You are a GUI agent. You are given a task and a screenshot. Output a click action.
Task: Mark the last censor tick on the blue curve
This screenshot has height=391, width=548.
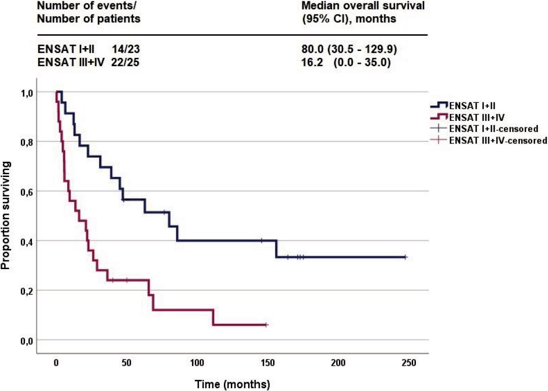(x=405, y=257)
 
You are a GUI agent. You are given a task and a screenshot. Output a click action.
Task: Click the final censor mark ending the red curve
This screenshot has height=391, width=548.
(x=266, y=325)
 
